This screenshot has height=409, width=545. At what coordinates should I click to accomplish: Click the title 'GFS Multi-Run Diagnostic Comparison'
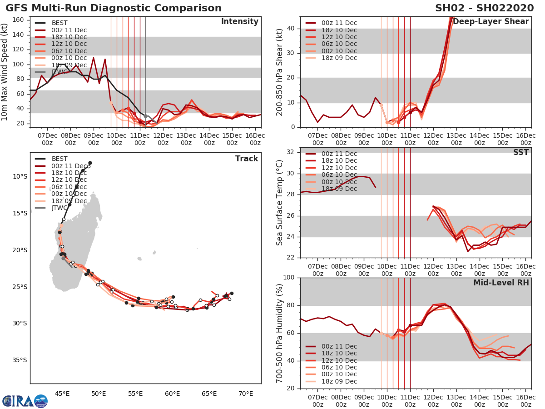(114, 8)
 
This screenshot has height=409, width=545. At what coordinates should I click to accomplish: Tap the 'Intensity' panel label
(239, 22)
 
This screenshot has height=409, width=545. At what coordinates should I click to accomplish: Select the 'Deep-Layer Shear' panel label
(490, 22)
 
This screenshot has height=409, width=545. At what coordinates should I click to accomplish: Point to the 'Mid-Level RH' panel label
(501, 283)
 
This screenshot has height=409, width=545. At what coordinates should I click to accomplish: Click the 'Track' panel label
(247, 159)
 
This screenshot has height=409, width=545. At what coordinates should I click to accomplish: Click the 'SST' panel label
(521, 152)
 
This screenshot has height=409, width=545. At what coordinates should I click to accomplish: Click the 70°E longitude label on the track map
(246, 393)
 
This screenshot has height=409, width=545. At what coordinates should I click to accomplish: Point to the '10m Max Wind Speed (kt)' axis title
(5, 72)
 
